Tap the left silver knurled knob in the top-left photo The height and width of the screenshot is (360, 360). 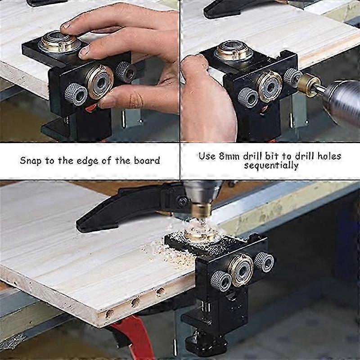(x=76, y=94)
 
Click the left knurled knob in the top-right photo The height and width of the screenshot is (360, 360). (x=248, y=97)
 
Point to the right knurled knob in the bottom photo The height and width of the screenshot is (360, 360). (x=264, y=262)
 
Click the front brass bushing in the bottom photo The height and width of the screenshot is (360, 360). (x=241, y=270)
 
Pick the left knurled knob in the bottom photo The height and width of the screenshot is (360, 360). (x=221, y=281)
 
